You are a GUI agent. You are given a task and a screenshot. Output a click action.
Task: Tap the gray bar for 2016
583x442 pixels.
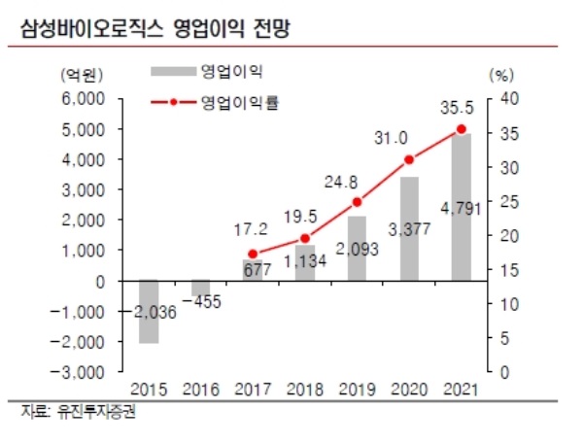(x=201, y=288)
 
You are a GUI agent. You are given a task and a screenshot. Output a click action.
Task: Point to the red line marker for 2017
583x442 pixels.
(x=254, y=254)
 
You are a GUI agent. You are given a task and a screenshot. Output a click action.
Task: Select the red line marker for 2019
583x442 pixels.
(x=357, y=202)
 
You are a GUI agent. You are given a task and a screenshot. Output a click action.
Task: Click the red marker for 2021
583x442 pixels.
(x=462, y=129)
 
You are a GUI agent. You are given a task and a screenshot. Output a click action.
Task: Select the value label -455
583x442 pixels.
(x=202, y=302)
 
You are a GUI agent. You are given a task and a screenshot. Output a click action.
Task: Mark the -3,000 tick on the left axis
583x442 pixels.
(x=82, y=372)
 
